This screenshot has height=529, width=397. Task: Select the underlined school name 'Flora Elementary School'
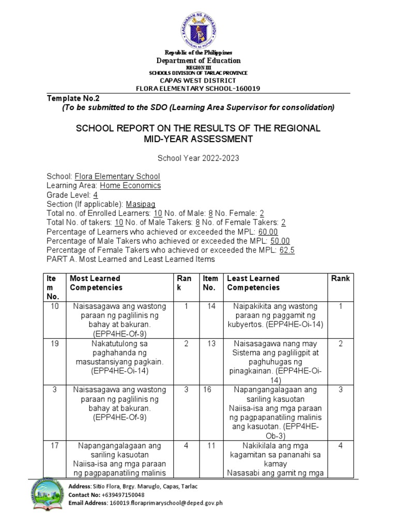click(x=117, y=176)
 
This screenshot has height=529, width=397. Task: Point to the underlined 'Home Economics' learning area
click(x=130, y=185)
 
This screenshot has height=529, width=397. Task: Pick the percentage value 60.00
click(x=268, y=232)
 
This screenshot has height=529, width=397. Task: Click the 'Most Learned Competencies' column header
click(x=96, y=283)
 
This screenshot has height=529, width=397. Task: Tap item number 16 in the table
click(x=208, y=390)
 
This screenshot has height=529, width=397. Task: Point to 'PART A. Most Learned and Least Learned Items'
click(x=130, y=259)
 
